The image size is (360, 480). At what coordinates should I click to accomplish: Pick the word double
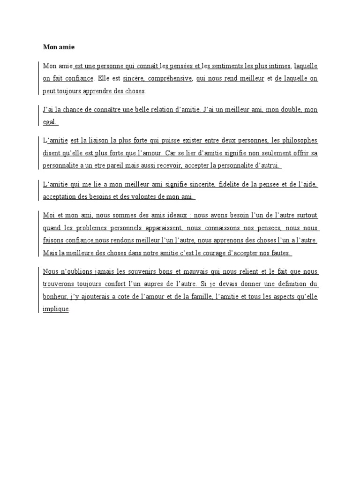(291, 110)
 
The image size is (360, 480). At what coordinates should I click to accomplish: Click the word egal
(50, 122)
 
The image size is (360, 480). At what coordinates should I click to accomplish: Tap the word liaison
(97, 141)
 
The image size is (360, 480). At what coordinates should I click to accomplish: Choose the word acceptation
(60, 197)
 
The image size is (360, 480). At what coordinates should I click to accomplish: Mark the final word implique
(55, 308)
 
